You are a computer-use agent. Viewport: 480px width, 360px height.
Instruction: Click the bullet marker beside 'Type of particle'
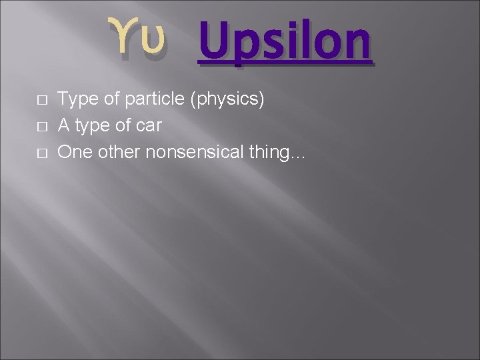tap(41, 101)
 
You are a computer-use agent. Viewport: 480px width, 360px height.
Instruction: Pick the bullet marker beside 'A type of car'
tap(41, 127)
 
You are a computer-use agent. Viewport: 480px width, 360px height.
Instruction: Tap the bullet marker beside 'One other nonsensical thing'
tap(41, 153)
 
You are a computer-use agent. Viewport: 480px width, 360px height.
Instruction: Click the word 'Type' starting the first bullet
tap(75, 100)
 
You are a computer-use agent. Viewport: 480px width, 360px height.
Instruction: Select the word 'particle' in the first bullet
tap(154, 100)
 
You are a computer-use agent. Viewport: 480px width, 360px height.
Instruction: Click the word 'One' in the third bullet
tap(73, 152)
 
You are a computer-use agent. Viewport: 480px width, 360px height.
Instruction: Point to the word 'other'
tap(117, 152)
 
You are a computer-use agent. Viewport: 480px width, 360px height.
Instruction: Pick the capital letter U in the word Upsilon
tap(213, 40)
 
